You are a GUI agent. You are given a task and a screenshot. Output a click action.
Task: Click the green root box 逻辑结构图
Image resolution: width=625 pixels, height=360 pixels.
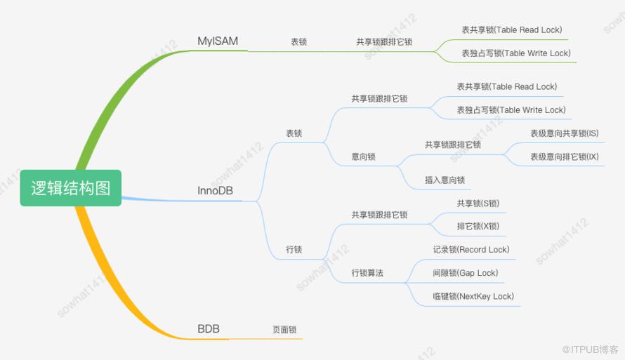(x=70, y=188)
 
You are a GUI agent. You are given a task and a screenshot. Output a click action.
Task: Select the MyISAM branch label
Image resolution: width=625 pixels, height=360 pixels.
(x=218, y=41)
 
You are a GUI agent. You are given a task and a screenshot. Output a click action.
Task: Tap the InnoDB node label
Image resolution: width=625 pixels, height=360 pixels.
(x=216, y=190)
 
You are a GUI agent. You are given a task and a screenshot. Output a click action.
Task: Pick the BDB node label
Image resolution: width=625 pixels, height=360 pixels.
(x=209, y=328)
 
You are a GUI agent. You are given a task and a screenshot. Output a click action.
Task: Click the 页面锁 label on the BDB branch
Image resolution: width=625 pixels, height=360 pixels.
(x=284, y=329)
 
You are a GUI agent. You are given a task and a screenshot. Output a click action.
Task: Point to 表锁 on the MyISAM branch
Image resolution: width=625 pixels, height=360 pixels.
(x=298, y=42)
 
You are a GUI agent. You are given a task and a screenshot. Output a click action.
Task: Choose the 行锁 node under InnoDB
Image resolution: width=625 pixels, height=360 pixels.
(x=294, y=249)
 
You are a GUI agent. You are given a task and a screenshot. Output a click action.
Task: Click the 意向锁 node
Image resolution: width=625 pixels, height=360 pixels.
(x=363, y=156)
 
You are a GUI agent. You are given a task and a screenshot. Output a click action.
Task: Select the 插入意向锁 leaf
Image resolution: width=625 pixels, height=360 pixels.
(x=445, y=180)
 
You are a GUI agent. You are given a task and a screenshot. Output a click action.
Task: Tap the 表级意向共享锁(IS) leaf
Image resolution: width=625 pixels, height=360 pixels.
(x=565, y=133)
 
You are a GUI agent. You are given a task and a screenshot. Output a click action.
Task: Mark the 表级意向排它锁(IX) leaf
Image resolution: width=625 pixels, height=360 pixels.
(x=565, y=156)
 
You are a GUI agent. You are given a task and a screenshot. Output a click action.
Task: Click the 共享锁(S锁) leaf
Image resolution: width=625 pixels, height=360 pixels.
(x=478, y=204)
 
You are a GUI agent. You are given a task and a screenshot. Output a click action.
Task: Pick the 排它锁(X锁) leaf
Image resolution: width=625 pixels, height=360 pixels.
(x=478, y=226)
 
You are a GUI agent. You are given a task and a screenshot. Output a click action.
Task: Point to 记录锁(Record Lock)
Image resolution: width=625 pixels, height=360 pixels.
(x=471, y=249)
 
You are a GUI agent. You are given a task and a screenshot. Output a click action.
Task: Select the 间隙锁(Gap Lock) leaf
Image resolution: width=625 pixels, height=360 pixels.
(x=466, y=273)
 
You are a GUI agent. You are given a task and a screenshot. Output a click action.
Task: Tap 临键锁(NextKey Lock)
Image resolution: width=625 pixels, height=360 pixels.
(x=473, y=296)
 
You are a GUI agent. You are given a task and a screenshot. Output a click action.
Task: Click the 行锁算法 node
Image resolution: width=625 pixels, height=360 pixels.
(x=367, y=273)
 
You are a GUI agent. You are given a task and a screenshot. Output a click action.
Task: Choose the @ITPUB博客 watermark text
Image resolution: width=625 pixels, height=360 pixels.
(x=590, y=349)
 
